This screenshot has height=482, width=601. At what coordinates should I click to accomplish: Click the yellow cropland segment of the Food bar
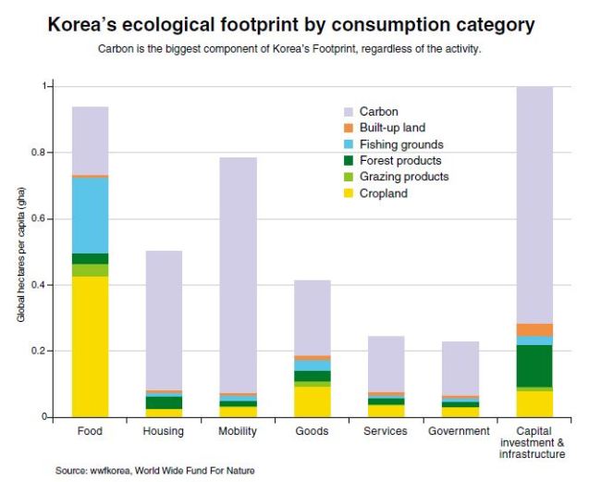click(x=90, y=346)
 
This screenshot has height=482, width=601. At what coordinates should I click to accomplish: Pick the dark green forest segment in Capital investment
click(x=534, y=365)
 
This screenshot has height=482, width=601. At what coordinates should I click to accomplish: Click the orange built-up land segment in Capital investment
click(x=534, y=330)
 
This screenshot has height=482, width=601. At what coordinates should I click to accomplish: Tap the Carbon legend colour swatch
click(x=348, y=112)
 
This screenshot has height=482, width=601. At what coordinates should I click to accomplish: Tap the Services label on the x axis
click(x=386, y=432)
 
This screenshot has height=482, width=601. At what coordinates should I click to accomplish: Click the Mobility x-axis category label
click(x=238, y=432)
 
